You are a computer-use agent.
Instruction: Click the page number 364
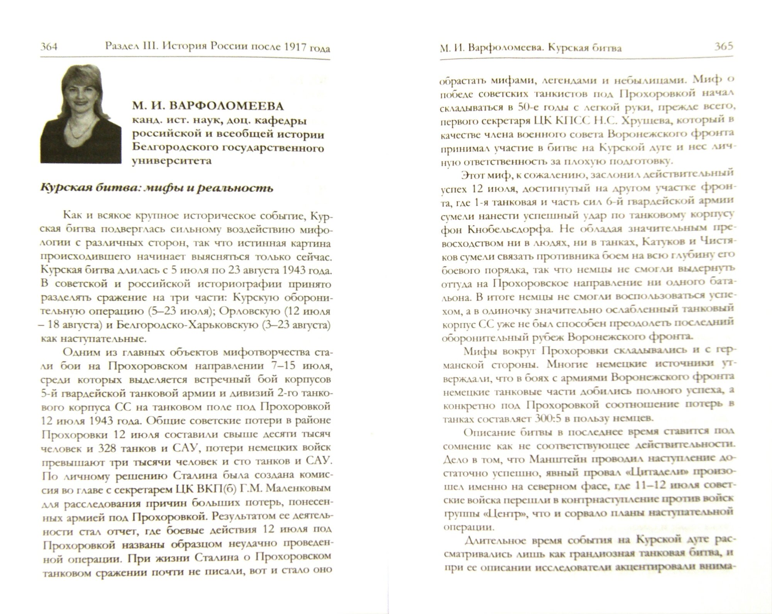(49, 47)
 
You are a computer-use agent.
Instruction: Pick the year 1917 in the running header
(295, 47)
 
